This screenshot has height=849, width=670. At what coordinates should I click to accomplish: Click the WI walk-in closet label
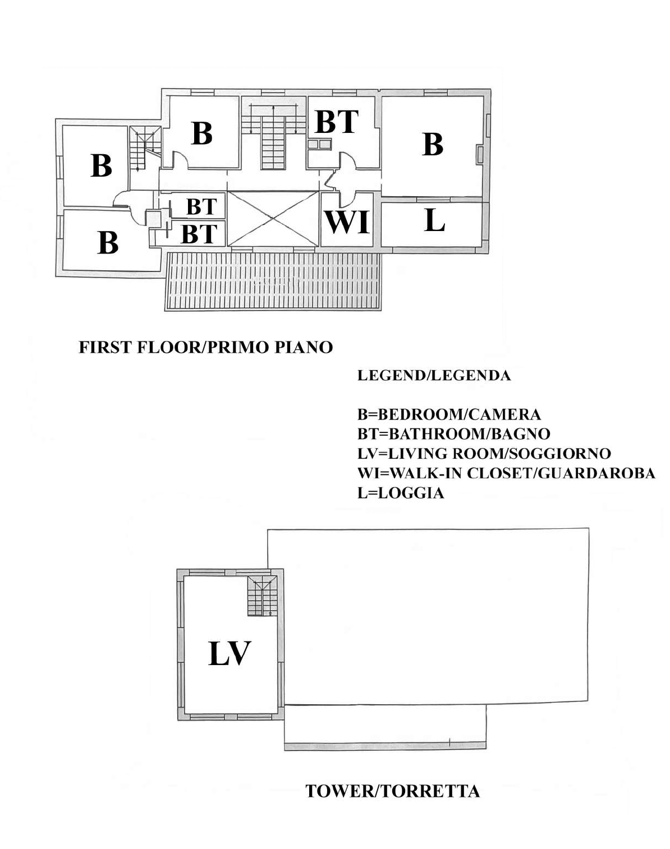347,222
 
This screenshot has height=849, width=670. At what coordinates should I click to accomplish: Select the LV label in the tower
230,653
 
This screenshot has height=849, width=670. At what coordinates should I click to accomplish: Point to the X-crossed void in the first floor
273,219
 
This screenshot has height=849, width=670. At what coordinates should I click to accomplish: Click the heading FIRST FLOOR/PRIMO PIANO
206,347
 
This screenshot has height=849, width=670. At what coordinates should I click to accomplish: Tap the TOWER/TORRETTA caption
392,791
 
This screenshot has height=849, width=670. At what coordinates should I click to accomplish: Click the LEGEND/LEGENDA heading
434,375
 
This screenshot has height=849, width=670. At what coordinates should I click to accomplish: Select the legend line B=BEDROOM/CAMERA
449,414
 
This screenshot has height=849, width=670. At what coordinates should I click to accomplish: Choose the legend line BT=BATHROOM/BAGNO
453,434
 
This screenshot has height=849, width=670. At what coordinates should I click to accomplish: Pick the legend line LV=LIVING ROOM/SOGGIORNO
484,454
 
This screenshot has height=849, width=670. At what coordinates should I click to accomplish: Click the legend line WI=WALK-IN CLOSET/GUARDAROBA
506,473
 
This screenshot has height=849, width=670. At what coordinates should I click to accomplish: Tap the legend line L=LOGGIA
401,493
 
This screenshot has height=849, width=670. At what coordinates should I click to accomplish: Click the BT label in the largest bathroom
337,122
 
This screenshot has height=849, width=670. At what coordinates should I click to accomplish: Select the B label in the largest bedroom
433,144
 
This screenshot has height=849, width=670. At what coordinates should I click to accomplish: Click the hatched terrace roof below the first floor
273,281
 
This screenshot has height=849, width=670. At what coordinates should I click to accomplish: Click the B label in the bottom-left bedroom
108,242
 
